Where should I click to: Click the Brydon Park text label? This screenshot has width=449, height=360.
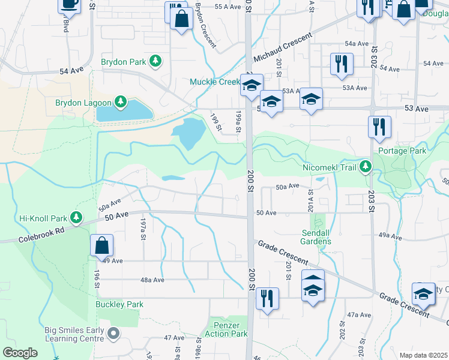[124, 61]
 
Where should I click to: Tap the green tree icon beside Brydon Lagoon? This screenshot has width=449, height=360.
[120, 102]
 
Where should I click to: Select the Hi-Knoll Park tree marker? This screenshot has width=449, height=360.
[76, 217]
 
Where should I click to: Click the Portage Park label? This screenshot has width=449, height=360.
[402, 151]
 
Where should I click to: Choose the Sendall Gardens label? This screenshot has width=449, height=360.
[316, 236]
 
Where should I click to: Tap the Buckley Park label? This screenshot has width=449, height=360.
[119, 304]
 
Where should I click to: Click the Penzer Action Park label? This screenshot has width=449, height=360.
[226, 329]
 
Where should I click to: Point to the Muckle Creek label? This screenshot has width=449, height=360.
[214, 82]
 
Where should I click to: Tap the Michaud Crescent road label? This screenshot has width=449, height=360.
[283, 47]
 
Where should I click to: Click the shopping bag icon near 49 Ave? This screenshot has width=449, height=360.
[101, 245]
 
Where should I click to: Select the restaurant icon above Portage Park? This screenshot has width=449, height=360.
[379, 127]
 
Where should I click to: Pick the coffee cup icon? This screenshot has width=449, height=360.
[70, 4]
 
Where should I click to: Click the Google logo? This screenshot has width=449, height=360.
[20, 353]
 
